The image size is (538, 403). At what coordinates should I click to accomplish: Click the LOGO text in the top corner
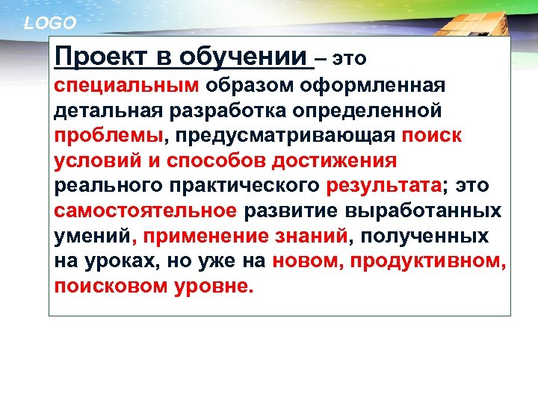(x=51, y=23)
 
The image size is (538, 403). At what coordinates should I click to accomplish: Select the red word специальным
(x=122, y=84)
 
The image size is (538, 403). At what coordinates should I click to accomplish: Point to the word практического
(x=250, y=187)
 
